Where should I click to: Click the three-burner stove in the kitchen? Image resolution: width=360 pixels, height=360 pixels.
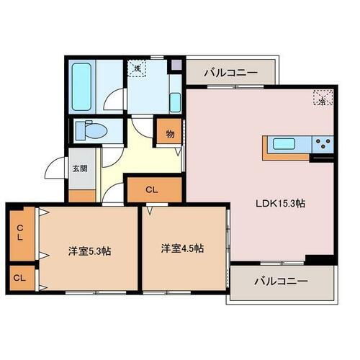(323, 143)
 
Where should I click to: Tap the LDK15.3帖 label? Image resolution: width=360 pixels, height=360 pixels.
(282, 204)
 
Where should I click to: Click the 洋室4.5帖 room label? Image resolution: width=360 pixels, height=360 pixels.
(181, 248)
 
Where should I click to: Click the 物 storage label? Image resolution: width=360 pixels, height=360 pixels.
(170, 133)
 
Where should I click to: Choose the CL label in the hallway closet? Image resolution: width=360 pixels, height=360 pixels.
(152, 190)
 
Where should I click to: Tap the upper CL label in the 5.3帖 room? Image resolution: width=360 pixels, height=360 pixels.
(20, 232)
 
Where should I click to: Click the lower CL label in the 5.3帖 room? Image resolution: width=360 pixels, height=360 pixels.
(20, 276)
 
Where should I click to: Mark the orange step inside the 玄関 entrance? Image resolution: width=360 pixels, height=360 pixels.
(81, 195)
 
